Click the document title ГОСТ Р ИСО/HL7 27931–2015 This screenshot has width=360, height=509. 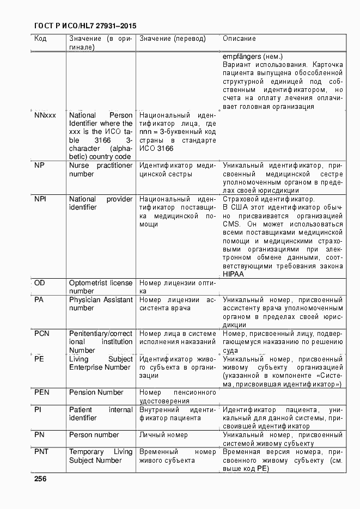tap(85, 26)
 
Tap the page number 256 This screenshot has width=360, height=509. tap(40, 479)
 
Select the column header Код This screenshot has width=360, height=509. tap(40, 39)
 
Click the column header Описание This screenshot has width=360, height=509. tap(239, 39)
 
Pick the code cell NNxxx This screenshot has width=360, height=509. tap(45, 115)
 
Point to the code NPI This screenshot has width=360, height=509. tap(40, 199)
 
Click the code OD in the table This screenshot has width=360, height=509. tap(40, 283)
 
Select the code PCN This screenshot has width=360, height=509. tap(42, 333)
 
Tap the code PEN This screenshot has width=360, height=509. tap(42, 393)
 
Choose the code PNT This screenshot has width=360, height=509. tap(41, 452)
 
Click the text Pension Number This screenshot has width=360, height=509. tap(96, 393)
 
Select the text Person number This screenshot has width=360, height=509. tap(94, 435)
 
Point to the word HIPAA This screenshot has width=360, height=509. tap(233, 274)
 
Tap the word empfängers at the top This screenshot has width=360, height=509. tap(242, 57)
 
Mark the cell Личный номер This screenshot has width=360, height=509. tap(163, 435)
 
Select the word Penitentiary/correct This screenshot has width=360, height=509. tap(101, 333)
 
